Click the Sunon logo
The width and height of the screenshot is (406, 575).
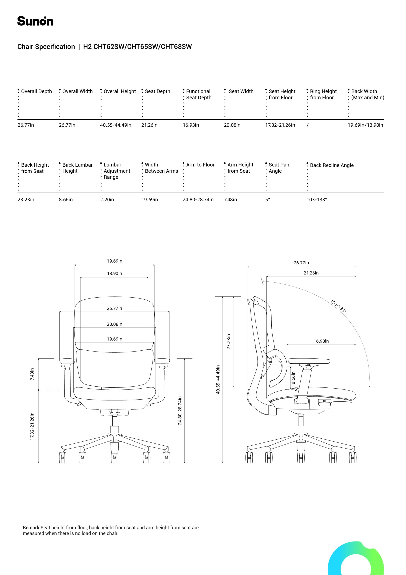pos(35,21)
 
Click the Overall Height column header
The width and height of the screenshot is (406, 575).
pos(120,91)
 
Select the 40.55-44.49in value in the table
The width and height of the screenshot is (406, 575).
pos(116,125)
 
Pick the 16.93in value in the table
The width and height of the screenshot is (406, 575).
pos(191,125)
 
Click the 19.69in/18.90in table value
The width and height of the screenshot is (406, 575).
pos(365,125)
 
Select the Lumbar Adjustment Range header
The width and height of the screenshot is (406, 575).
pos(117,171)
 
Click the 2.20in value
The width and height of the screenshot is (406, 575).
pos(107,200)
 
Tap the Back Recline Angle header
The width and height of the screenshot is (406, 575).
pos(332,165)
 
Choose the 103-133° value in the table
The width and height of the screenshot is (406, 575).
pos(317,200)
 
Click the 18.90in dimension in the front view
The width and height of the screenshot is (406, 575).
pos(115,274)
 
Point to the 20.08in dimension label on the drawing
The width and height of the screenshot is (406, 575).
pos(115,324)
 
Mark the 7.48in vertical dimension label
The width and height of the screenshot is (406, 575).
pos(32,374)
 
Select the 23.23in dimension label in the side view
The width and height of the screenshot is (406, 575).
pos(228,342)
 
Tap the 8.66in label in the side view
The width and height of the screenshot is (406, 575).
pos(293,378)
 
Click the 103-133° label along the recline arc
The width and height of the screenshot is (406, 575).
pos(338,306)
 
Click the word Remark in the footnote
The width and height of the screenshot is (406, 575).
pos(31,528)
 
